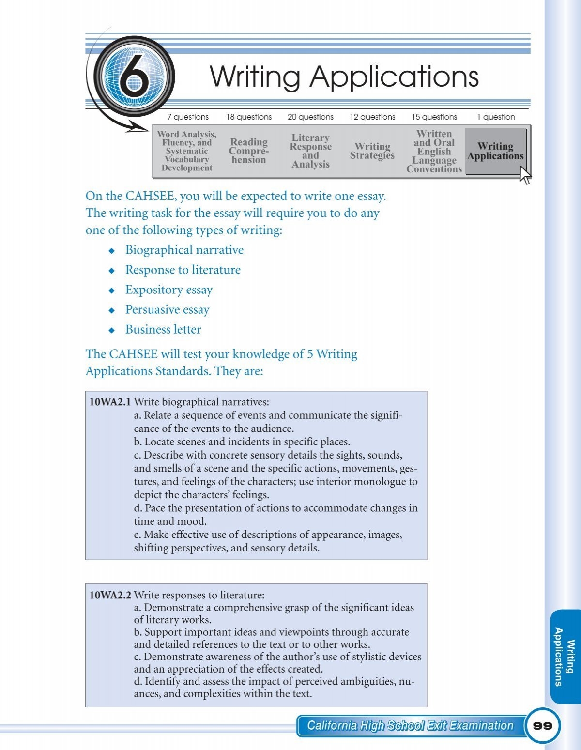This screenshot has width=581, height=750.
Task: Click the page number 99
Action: pyautogui.click(x=542, y=726)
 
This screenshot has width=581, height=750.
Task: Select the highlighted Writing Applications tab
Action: pyautogui.click(x=495, y=151)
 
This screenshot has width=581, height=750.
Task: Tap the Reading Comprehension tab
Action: pyautogui.click(x=248, y=151)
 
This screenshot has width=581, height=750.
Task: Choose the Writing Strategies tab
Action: pyautogui.click(x=372, y=151)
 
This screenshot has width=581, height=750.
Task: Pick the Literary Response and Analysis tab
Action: pyautogui.click(x=310, y=151)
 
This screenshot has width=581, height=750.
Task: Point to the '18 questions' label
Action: pyautogui.click(x=249, y=117)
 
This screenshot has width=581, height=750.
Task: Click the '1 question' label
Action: pyautogui.click(x=496, y=117)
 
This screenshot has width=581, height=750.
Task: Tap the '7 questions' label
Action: pyautogui.click(x=188, y=117)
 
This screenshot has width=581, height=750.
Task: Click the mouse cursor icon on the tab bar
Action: pyautogui.click(x=525, y=175)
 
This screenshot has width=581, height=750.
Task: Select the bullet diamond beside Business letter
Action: pyautogui.click(x=112, y=330)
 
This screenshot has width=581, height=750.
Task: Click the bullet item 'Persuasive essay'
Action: pyautogui.click(x=167, y=309)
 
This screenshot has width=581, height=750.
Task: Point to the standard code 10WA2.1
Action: pyautogui.click(x=110, y=402)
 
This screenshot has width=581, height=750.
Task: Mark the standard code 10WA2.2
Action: pyautogui.click(x=110, y=595)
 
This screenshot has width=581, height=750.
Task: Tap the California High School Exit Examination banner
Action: pyautogui.click(x=410, y=725)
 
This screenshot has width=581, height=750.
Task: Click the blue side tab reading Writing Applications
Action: pyautogui.click(x=565, y=656)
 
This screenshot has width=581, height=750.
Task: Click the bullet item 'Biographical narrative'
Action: pyautogui.click(x=184, y=250)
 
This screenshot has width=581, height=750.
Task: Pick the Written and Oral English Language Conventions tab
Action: pyautogui.click(x=434, y=151)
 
